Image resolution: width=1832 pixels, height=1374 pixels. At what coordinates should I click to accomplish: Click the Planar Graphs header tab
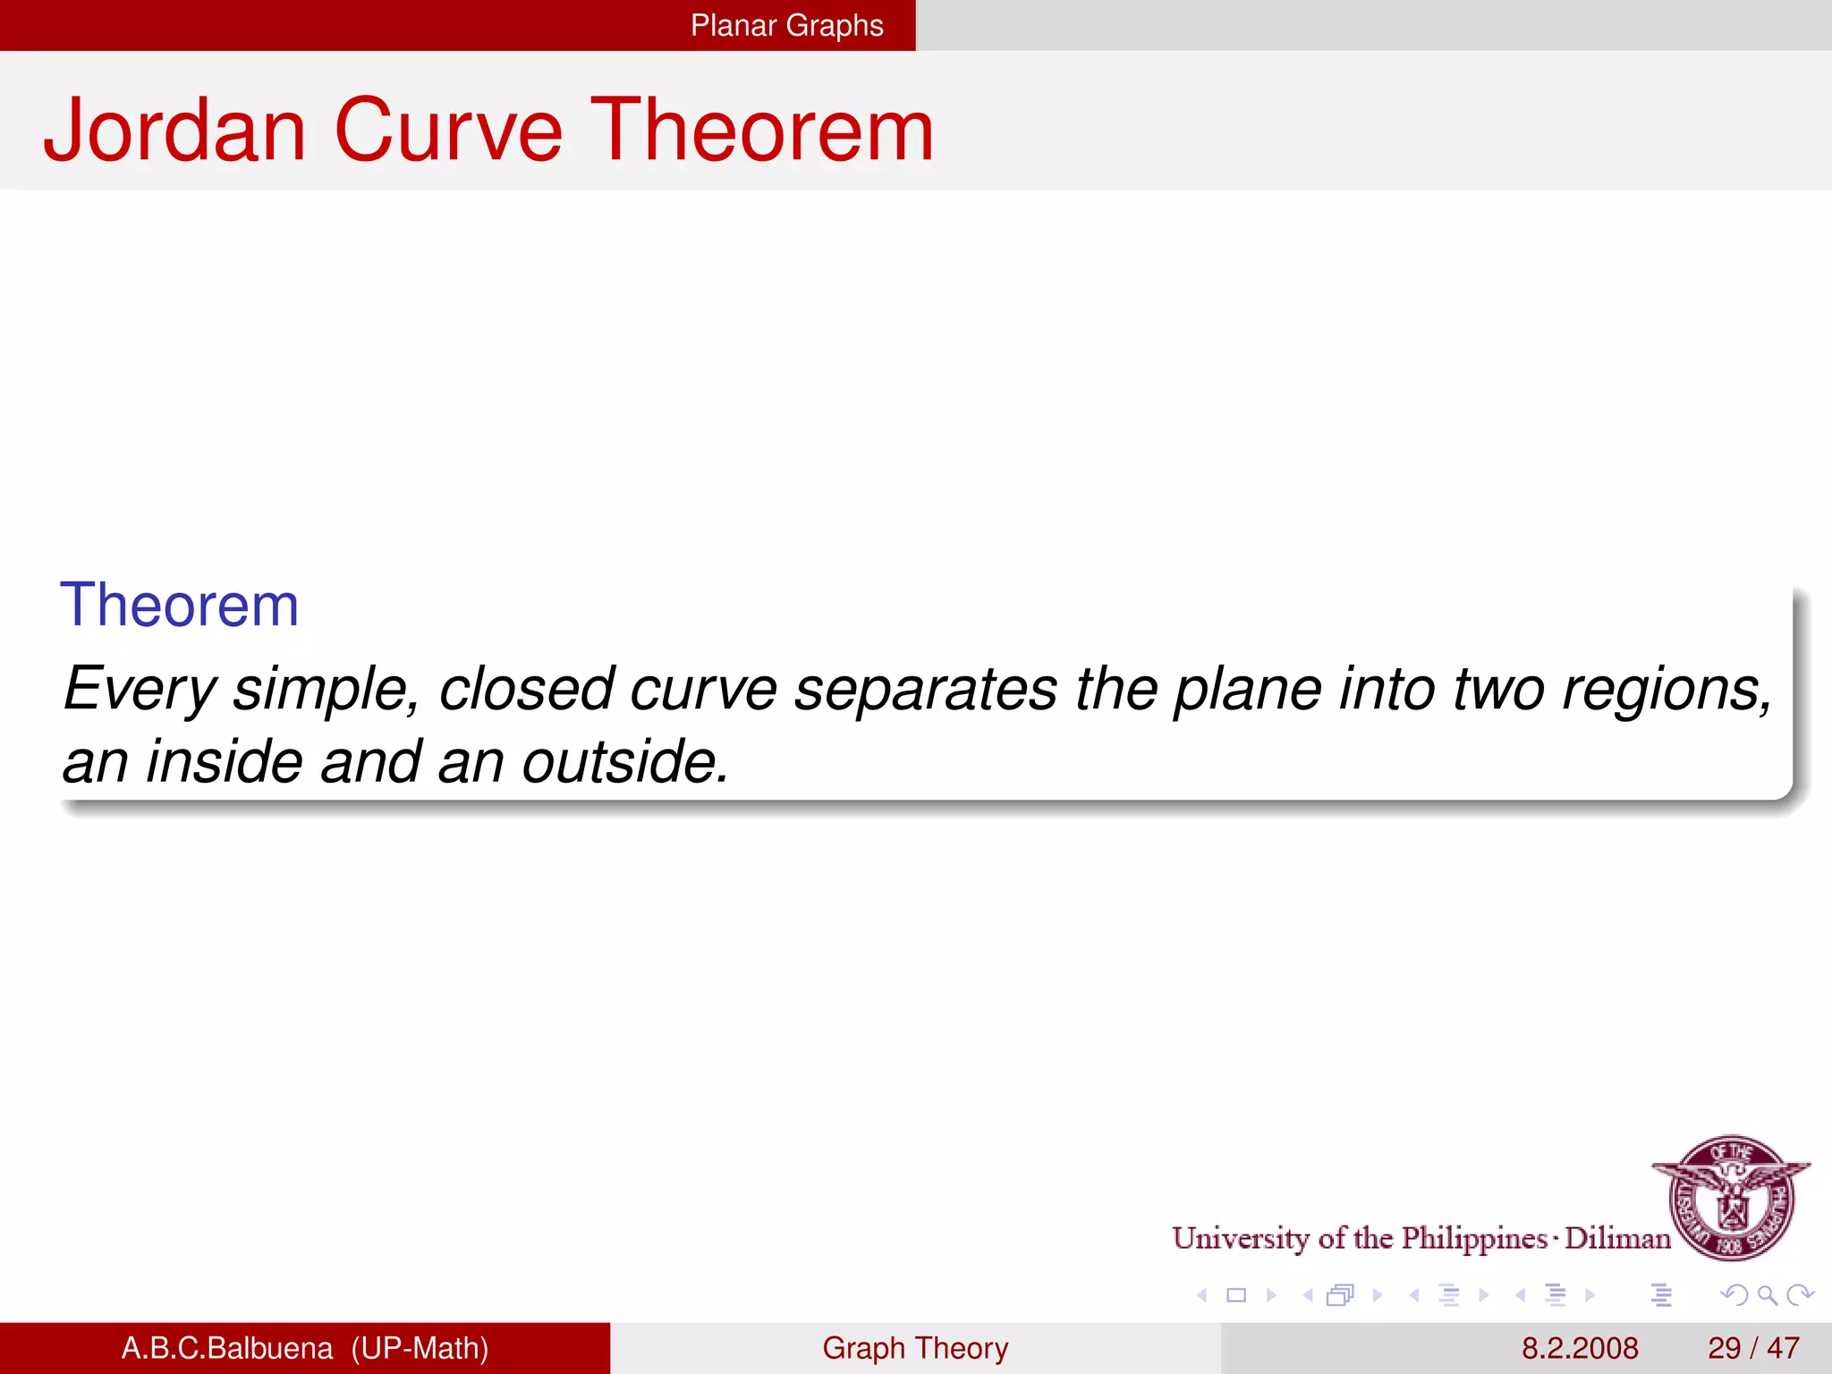[x=786, y=25]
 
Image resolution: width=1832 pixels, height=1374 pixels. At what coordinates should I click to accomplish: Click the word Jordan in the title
[x=175, y=131]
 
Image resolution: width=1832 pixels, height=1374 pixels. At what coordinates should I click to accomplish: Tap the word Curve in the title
[x=448, y=131]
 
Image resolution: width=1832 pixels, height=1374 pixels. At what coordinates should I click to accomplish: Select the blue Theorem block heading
[x=179, y=606]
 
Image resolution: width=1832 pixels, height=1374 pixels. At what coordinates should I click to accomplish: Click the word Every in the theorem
[x=139, y=690]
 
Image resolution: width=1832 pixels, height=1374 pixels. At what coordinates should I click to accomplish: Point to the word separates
[x=925, y=690]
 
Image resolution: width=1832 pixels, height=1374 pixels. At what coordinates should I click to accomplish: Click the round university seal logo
[x=1732, y=1197]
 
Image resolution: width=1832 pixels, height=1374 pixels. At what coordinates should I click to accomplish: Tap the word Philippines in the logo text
[x=1474, y=1238]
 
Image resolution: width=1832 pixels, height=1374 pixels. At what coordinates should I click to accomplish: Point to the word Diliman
[x=1617, y=1238]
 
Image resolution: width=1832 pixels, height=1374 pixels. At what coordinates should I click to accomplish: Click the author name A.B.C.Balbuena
[x=226, y=1348]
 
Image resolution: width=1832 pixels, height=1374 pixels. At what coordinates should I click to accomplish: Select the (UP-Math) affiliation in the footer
[x=420, y=1348]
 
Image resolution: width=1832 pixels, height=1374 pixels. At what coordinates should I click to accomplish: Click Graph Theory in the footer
[x=915, y=1348]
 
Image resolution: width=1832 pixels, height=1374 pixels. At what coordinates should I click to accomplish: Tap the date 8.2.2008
[x=1580, y=1348]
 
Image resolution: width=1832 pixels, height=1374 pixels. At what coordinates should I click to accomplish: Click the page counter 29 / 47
[x=1752, y=1348]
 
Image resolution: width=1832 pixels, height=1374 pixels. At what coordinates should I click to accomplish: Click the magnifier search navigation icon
[x=1767, y=1294]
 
